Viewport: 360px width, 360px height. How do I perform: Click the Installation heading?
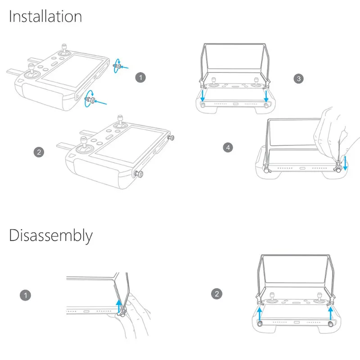[45, 16]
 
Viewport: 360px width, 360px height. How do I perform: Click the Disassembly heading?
[51, 235]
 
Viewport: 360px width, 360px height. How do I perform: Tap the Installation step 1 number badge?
[140, 77]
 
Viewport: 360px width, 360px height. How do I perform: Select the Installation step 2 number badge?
[39, 152]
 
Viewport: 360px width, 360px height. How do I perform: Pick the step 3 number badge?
[298, 79]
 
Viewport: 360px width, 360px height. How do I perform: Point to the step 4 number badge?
[228, 148]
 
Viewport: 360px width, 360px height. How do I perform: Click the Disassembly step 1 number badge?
[26, 295]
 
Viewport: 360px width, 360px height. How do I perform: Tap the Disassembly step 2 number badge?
[216, 294]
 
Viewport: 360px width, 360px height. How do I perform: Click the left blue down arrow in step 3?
[202, 95]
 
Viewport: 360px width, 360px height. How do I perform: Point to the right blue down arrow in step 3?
[266, 96]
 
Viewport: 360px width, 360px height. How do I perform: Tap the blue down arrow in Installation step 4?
[345, 163]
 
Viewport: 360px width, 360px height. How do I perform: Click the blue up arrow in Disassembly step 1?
[119, 306]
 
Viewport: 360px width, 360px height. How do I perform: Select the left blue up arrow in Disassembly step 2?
[259, 314]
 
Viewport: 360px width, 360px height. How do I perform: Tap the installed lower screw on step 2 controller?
[139, 174]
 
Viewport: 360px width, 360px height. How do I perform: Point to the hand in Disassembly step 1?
[133, 317]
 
